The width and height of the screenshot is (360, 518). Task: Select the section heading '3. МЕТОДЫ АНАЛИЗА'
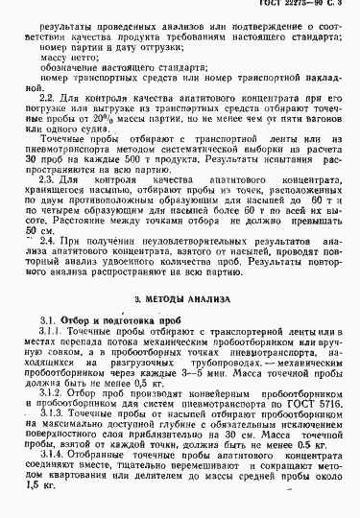pyautogui.click(x=180, y=272)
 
